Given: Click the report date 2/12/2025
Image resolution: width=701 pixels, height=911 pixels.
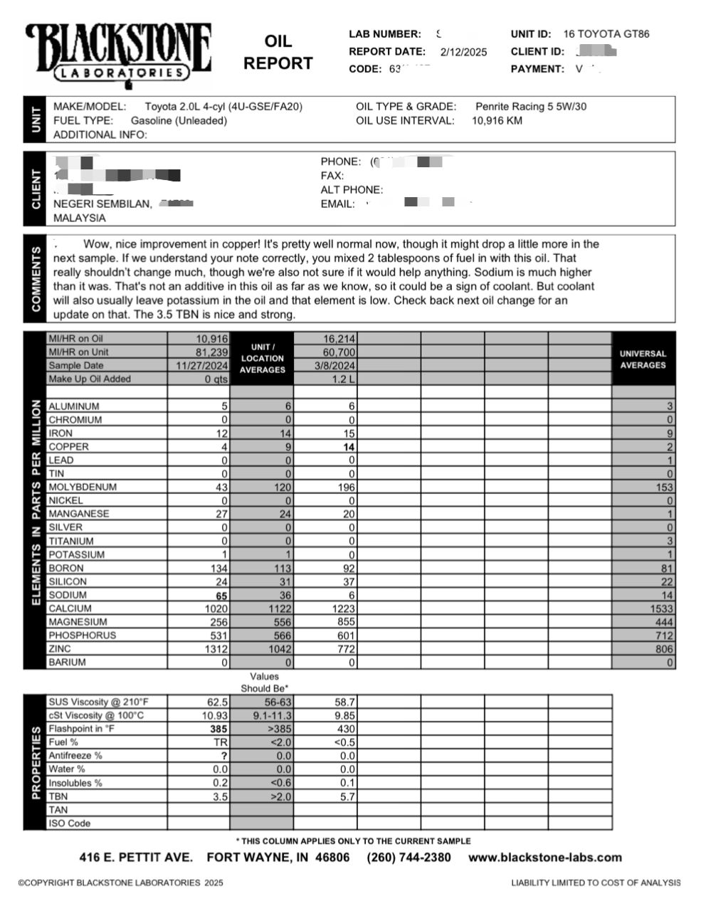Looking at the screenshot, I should (x=464, y=52).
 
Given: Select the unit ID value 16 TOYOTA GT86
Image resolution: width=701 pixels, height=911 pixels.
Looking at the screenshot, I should (x=606, y=33).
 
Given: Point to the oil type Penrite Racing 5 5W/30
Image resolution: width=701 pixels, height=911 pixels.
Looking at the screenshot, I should (x=531, y=107).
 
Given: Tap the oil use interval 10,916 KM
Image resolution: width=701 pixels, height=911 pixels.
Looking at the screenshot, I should (x=497, y=120).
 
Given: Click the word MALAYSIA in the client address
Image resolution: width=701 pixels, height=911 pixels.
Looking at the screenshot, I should (x=80, y=218).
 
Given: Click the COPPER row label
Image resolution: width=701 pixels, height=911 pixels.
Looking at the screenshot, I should (x=69, y=447).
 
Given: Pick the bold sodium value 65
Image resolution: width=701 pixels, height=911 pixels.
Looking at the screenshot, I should (x=221, y=595).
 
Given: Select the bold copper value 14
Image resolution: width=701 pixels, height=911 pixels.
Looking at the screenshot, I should (x=349, y=447).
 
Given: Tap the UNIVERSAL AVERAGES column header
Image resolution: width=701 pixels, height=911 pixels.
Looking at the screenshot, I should (x=643, y=359).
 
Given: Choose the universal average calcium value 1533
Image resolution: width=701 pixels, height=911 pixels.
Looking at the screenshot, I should (x=660, y=609).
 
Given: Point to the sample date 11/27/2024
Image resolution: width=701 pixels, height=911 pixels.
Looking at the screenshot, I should (x=202, y=366).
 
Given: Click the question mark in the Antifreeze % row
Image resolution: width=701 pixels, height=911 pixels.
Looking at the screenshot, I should (x=224, y=756).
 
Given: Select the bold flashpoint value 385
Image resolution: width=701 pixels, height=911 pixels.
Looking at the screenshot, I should (x=219, y=730).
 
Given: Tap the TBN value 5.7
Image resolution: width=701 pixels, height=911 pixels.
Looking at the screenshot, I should (x=347, y=797).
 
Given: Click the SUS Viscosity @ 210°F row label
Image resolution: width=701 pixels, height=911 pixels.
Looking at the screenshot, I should (x=98, y=702).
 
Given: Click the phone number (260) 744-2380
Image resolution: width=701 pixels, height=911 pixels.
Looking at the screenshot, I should (x=409, y=858).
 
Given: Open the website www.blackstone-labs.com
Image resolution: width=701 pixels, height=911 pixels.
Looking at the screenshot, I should (x=545, y=858).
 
